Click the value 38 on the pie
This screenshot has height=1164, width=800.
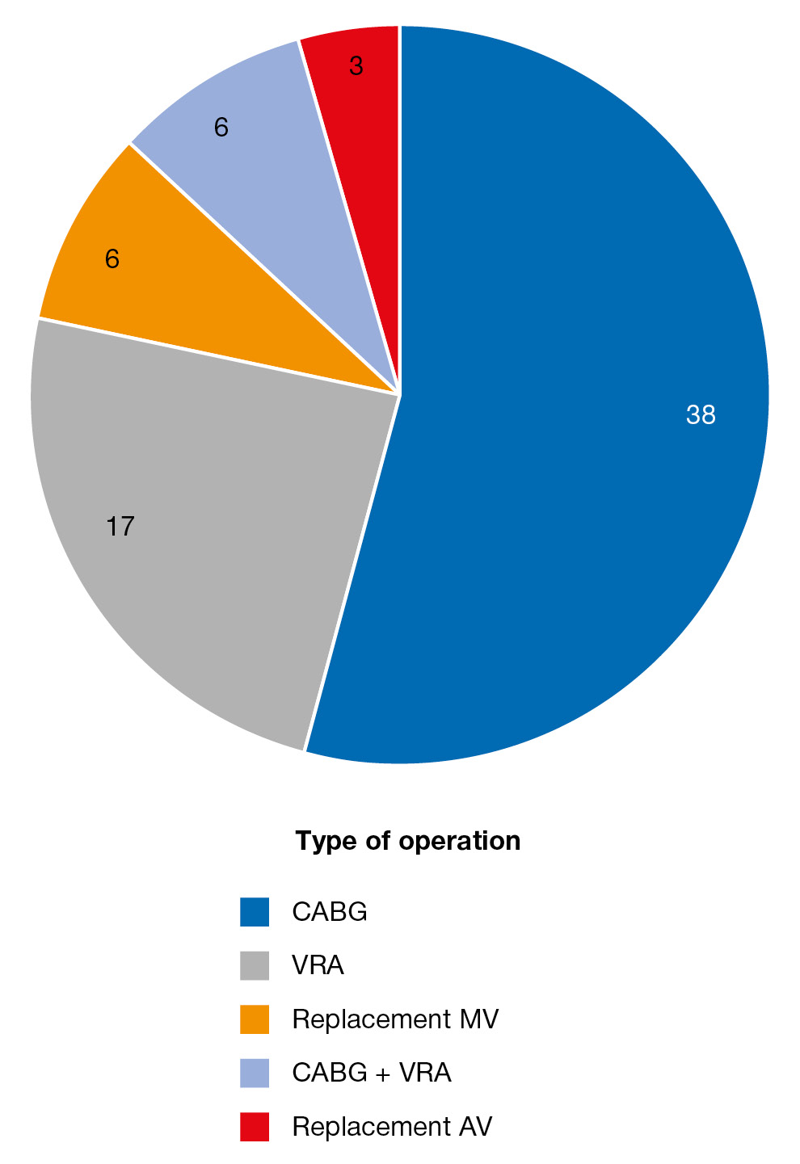(701, 415)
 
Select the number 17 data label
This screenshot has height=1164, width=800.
(120, 527)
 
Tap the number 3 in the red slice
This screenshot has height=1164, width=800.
(356, 66)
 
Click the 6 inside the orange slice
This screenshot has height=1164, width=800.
(112, 259)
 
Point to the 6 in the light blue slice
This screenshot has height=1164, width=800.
(221, 128)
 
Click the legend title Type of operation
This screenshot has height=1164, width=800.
(408, 841)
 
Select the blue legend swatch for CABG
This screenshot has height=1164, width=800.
(255, 912)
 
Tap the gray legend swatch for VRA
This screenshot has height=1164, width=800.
(255, 965)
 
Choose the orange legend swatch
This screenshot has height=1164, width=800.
(255, 1019)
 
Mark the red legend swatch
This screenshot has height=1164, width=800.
(255, 1127)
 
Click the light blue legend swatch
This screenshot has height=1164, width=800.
(255, 1073)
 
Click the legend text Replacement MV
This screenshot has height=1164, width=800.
(395, 1019)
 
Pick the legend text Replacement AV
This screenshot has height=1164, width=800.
(392, 1127)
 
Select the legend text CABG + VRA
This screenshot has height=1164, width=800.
(372, 1073)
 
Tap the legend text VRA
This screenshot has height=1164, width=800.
(318, 965)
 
